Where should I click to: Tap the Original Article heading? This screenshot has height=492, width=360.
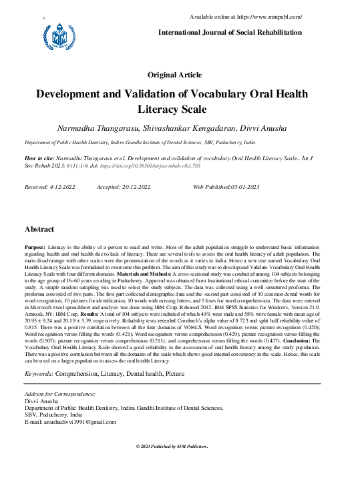180,75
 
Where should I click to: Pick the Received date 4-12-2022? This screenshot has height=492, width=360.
61,188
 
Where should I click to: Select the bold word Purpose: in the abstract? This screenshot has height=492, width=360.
35,246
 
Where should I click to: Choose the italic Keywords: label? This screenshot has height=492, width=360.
39,374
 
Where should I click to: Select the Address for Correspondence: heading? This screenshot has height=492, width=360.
59,395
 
